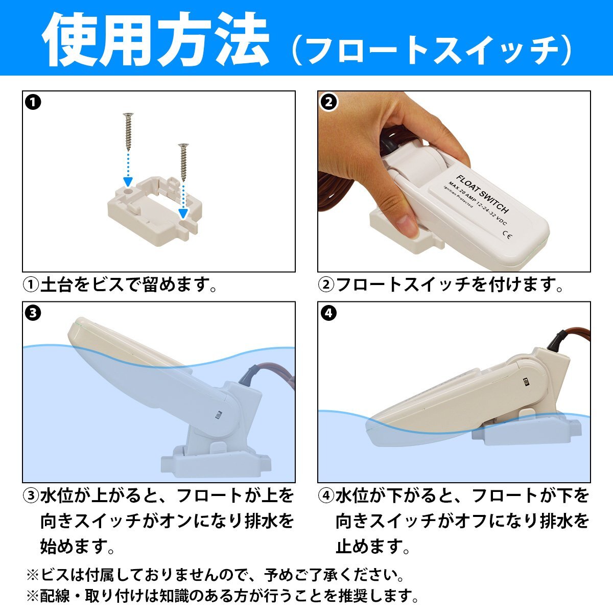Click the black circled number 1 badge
pyautogui.click(x=33, y=102)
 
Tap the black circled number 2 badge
pyautogui.click(x=328, y=102)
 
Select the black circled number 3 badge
pyautogui.click(x=33, y=313)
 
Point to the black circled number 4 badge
pyautogui.click(x=328, y=313)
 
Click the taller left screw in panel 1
pyautogui.click(x=128, y=132)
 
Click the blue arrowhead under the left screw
pyautogui.click(x=128, y=182)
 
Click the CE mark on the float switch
pyautogui.click(x=508, y=234)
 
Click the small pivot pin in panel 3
pyautogui.click(x=218, y=414)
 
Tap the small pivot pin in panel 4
pyautogui.click(x=525, y=382)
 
